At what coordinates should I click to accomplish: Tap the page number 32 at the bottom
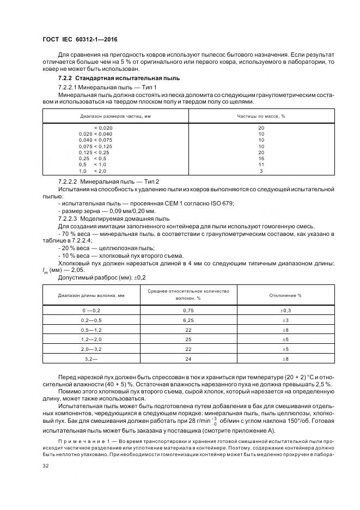click(46, 466)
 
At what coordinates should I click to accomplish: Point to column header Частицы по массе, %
click(261, 117)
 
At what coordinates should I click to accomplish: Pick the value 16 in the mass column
click(261, 158)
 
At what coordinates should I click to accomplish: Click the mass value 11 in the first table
click(261, 165)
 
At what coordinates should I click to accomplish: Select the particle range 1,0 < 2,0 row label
click(92, 171)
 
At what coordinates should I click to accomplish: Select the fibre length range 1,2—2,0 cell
click(91, 339)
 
